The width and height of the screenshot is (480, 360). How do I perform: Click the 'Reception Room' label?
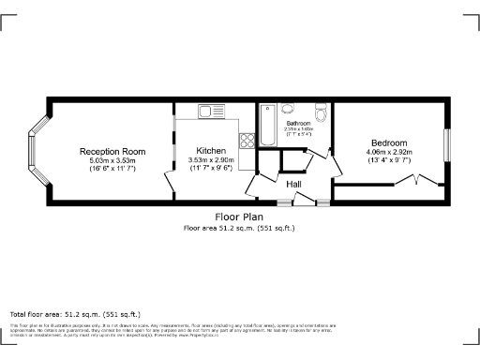pos(112,151)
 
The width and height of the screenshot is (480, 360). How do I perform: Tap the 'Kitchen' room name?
pos(211,151)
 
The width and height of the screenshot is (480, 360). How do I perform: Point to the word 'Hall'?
pos(293,184)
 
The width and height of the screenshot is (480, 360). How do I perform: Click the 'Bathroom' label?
pos(298,123)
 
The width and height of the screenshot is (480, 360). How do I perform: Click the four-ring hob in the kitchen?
pos(247,141)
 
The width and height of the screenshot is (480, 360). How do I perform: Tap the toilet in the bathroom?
pos(322,114)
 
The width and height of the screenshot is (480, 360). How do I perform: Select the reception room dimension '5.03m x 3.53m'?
pos(112,160)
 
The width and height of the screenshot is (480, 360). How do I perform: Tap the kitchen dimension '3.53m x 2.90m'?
pos(211,160)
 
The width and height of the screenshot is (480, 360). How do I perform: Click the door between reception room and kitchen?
pos(172,187)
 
